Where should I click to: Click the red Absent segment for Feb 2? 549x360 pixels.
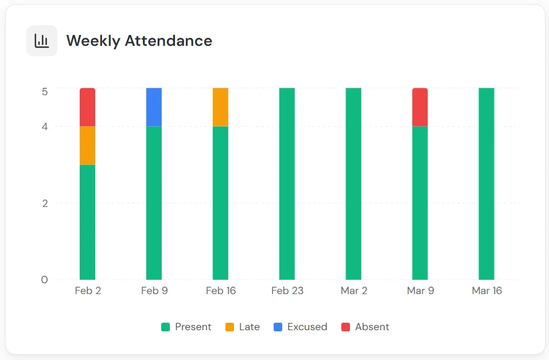pyautogui.click(x=87, y=107)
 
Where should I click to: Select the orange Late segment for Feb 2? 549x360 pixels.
pyautogui.click(x=87, y=146)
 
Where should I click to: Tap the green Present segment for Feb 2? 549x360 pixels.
pyautogui.click(x=87, y=222)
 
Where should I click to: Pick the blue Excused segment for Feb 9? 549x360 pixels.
pyautogui.click(x=154, y=107)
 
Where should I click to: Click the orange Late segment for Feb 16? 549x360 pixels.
pyautogui.click(x=220, y=107)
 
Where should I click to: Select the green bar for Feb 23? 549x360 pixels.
pyautogui.click(x=287, y=183)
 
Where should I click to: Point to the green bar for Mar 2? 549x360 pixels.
pyautogui.click(x=353, y=183)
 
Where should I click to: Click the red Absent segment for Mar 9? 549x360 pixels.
pyautogui.click(x=420, y=107)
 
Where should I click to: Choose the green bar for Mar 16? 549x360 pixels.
pyautogui.click(x=486, y=183)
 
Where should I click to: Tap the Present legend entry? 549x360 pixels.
pyautogui.click(x=186, y=327)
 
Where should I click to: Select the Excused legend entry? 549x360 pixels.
pyautogui.click(x=301, y=327)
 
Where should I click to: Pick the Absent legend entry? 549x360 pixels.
pyautogui.click(x=365, y=327)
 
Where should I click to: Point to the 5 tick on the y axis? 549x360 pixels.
pyautogui.click(x=45, y=91)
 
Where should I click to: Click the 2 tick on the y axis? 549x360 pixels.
pyautogui.click(x=45, y=203)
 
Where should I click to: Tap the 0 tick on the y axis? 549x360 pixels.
pyautogui.click(x=45, y=280)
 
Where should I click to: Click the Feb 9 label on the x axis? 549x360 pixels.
pyautogui.click(x=154, y=291)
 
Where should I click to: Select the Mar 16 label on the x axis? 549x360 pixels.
pyautogui.click(x=486, y=291)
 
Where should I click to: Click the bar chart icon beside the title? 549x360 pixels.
pyautogui.click(x=42, y=41)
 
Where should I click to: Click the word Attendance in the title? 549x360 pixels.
pyautogui.click(x=169, y=41)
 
